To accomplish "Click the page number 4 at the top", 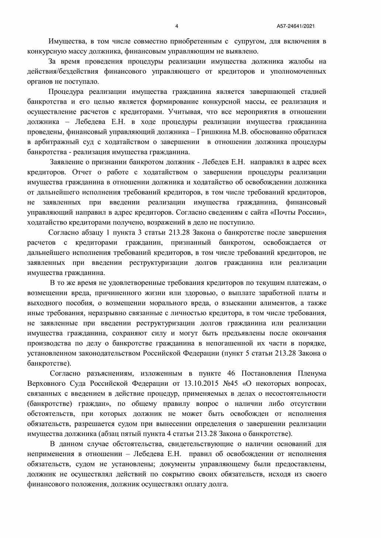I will (x=177, y=26).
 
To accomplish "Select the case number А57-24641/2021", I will (x=295, y=26).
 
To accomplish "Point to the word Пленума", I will (x=312, y=373).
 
